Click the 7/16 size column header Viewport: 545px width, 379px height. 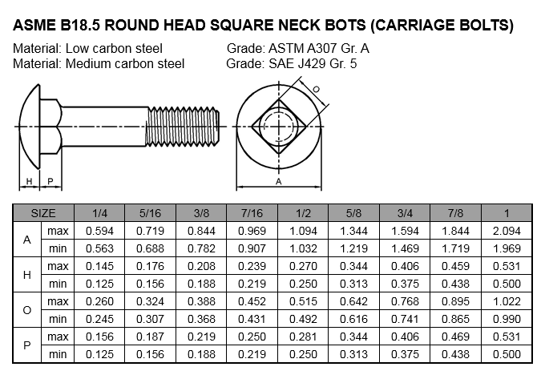point(252,213)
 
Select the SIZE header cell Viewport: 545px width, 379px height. point(43,213)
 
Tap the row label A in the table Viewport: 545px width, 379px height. point(26,240)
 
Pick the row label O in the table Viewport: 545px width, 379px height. point(26,310)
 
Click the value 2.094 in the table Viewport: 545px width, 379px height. point(507,231)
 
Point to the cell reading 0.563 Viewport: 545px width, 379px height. point(99,248)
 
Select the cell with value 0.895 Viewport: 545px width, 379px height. point(455,301)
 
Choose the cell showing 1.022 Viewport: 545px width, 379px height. point(507,301)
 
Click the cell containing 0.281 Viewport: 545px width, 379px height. point(303,337)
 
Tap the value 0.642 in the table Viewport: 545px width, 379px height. point(353,301)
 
